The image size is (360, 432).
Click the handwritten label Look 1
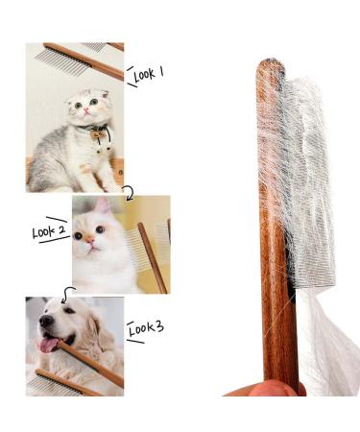click(148, 73)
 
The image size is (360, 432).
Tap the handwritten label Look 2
click(48, 231)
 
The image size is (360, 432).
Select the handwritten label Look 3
click(145, 328)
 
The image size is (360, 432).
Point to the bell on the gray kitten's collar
click(97, 136)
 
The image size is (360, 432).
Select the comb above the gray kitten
click(82, 58)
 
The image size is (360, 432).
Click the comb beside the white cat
click(152, 254)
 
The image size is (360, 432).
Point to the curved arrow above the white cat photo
click(127, 193)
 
